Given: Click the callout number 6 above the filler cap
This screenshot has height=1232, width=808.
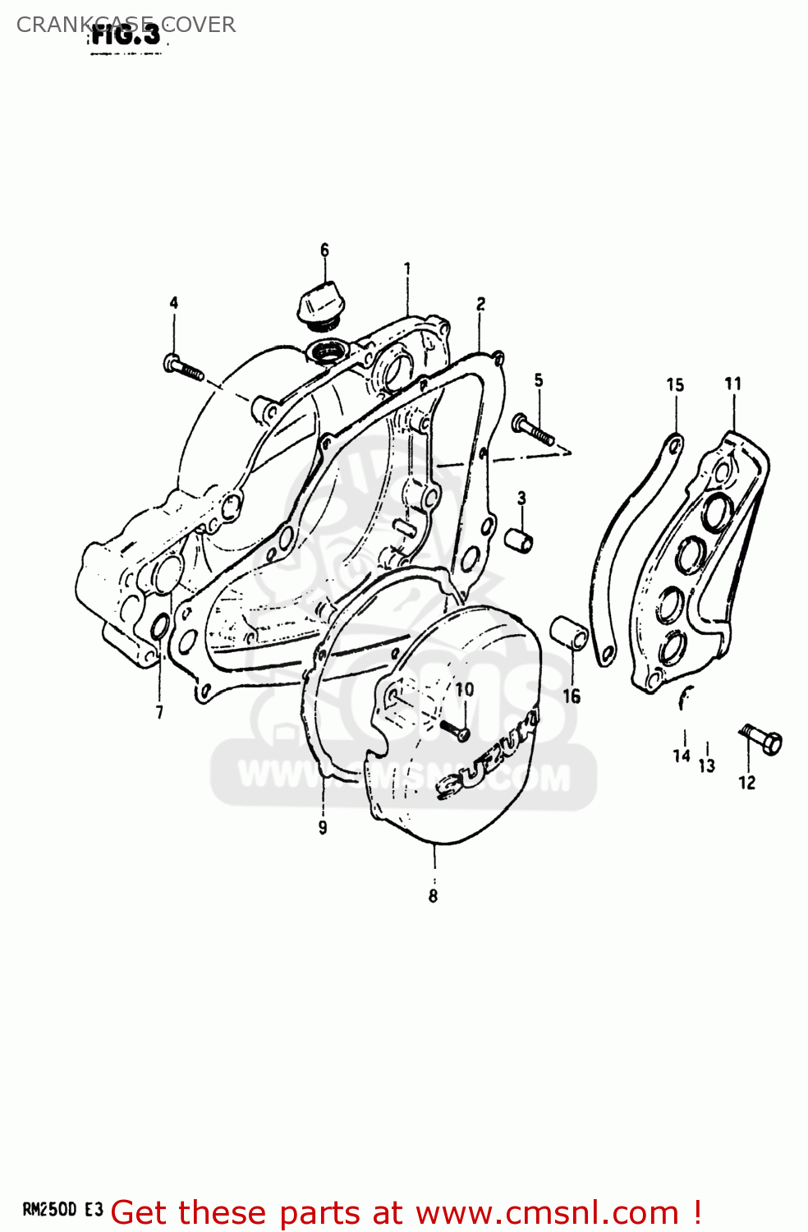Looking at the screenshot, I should click(x=324, y=250).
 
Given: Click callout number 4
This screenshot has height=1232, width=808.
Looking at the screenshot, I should click(x=174, y=303).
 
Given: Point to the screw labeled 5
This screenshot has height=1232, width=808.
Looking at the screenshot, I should click(x=533, y=429).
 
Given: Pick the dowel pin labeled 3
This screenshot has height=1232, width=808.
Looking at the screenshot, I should click(x=519, y=540).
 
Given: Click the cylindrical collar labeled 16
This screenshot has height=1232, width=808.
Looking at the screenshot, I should click(x=569, y=632).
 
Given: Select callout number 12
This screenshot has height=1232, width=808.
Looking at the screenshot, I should click(x=746, y=783).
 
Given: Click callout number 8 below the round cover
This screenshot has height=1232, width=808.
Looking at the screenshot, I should click(x=433, y=896).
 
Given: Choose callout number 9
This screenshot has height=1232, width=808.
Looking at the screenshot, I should click(x=323, y=827).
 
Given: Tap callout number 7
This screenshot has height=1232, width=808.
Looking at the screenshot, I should click(x=159, y=712).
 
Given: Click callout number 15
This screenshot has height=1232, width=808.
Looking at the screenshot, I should click(x=675, y=384).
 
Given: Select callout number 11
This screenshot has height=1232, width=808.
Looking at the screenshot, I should click(x=732, y=384).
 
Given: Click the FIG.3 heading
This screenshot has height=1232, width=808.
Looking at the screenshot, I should click(x=126, y=34).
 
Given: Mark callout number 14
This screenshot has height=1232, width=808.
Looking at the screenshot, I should click(x=682, y=755).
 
